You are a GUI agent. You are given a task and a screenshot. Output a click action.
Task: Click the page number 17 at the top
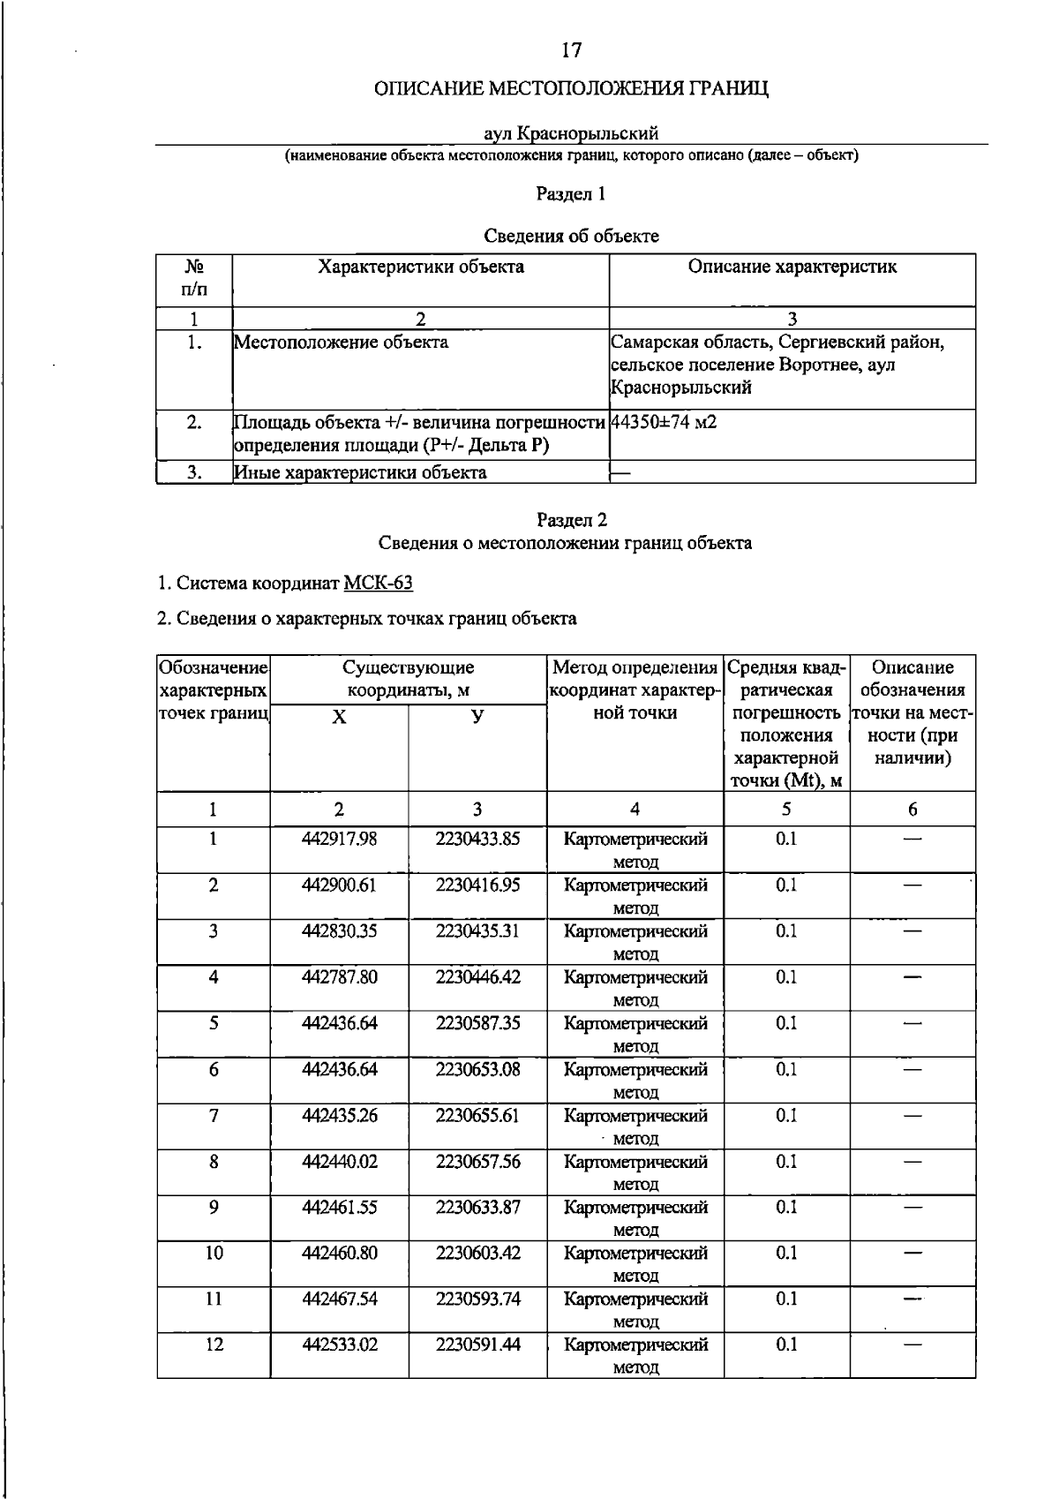571,50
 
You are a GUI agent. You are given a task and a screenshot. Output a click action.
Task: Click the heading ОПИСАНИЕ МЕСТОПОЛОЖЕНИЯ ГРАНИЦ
571,89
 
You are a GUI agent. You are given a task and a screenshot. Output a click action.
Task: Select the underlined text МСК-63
378,584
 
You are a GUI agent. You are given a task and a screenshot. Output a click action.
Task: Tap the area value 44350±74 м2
664,423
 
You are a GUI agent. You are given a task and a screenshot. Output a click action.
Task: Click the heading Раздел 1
571,194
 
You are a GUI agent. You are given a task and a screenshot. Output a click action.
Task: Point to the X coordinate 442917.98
339,839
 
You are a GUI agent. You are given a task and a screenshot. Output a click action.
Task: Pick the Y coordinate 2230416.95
477,885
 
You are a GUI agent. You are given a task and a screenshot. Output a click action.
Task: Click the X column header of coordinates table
339,717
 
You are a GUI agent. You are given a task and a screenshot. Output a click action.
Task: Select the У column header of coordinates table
477,717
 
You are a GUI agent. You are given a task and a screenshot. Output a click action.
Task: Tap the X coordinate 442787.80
339,976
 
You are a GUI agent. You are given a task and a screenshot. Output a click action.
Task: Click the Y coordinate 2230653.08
477,1069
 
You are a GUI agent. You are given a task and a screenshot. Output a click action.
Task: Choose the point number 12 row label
214,1345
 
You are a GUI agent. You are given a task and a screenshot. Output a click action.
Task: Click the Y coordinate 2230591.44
477,1345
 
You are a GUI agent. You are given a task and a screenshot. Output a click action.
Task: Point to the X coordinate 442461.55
339,1207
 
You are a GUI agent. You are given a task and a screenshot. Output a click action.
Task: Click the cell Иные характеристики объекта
360,472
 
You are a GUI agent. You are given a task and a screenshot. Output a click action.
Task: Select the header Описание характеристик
792,267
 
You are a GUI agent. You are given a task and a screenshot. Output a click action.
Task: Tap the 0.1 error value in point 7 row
785,1115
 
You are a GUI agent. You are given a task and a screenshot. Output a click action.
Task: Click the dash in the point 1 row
913,839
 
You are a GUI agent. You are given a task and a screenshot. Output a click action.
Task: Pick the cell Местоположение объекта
341,343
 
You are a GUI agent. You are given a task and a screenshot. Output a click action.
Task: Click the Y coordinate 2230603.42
477,1253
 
